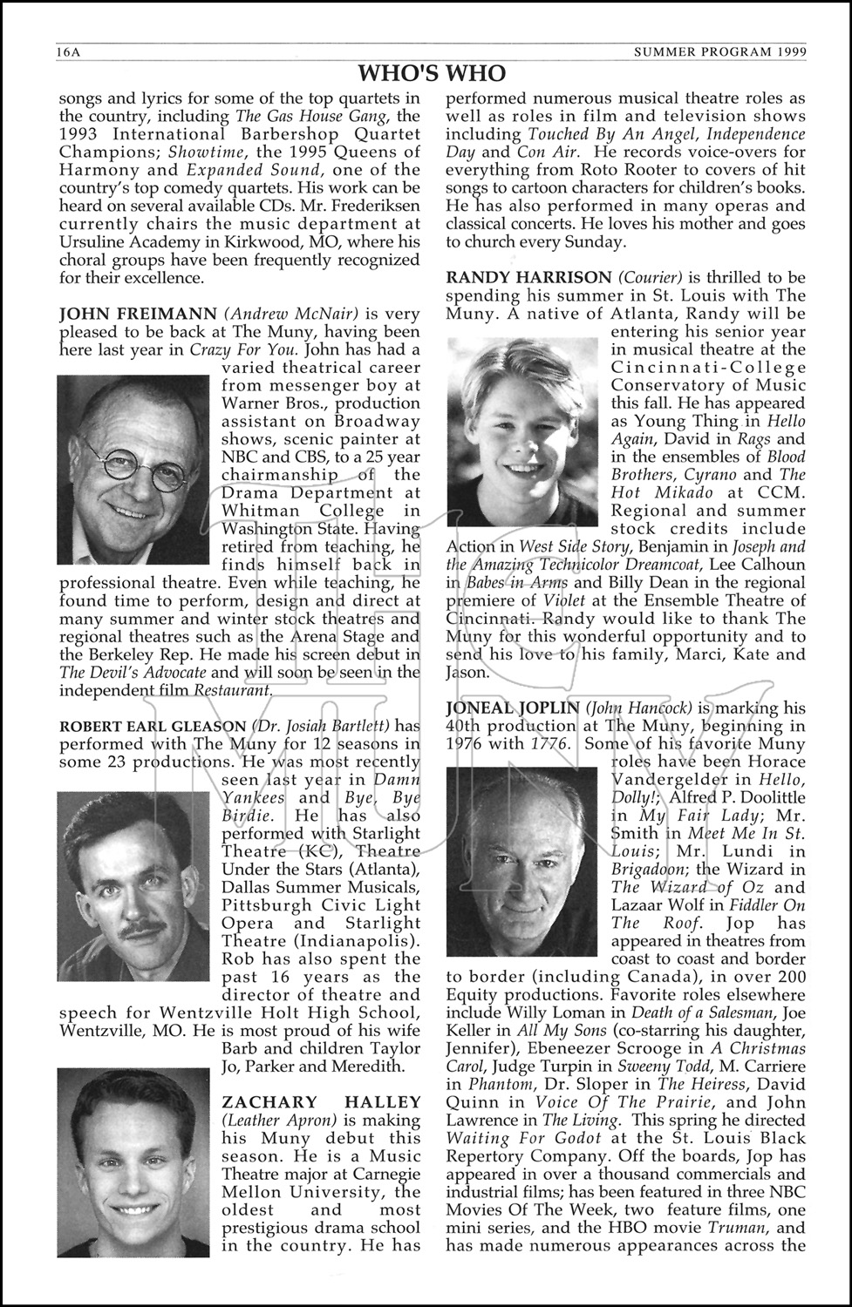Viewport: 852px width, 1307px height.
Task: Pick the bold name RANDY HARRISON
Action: pyautogui.click(x=528, y=277)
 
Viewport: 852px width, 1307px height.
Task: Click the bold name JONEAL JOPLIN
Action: pyautogui.click(x=512, y=708)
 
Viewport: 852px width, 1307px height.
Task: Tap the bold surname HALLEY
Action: pyautogui.click(x=386, y=1102)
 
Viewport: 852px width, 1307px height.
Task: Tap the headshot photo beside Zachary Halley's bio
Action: pyautogui.click(x=133, y=1162)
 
